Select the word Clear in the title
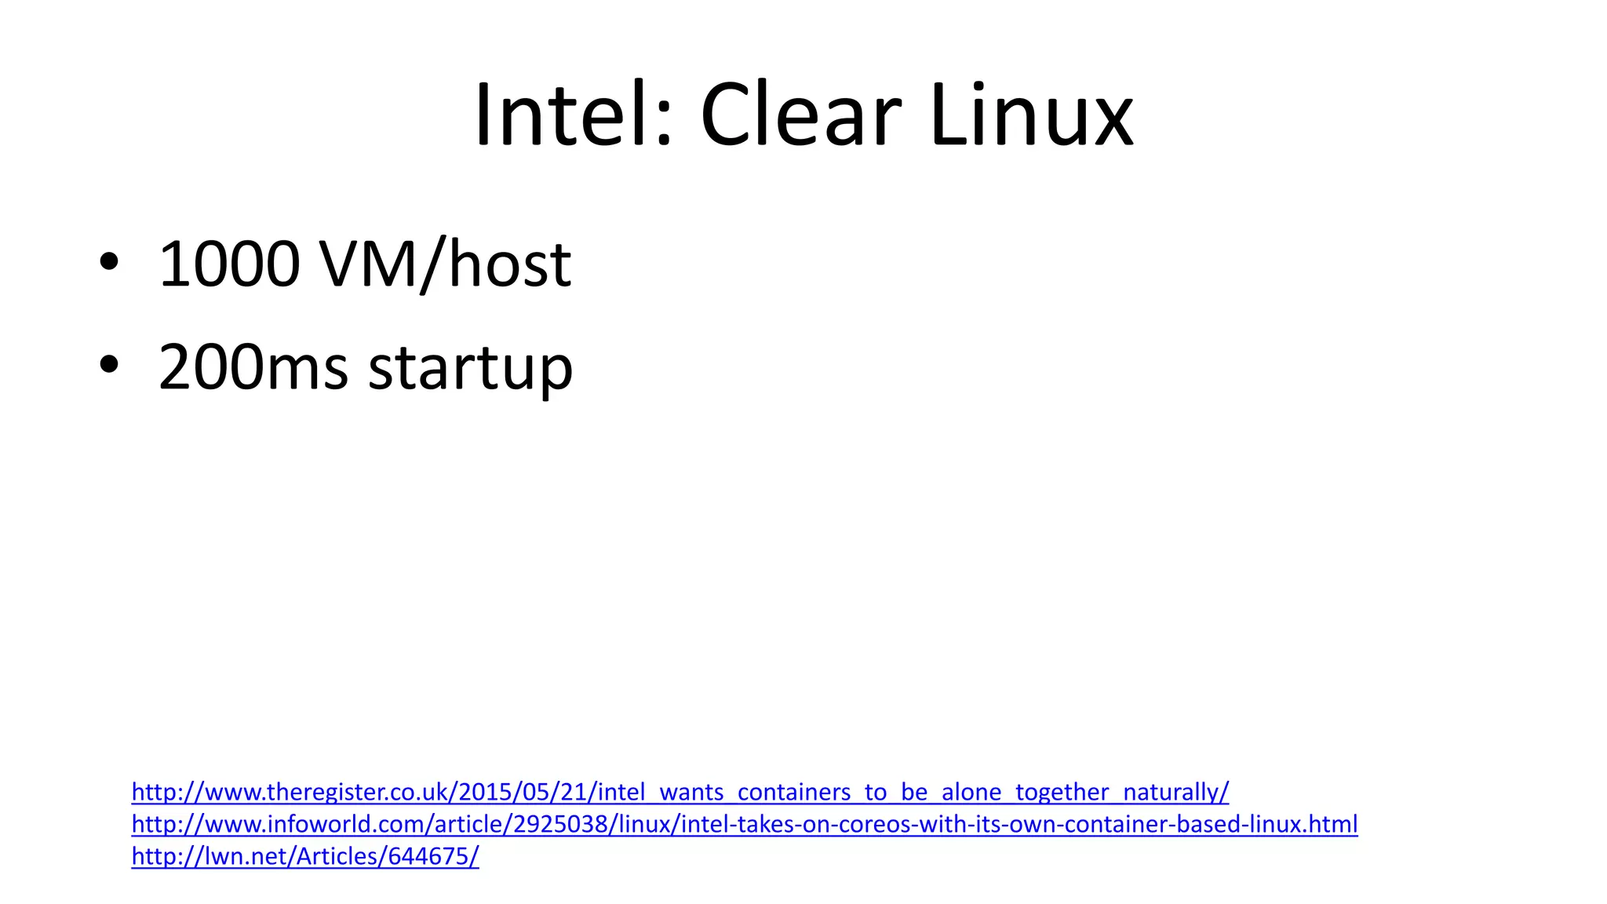(x=800, y=115)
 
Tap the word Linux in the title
(x=1031, y=115)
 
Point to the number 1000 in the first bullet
(x=229, y=264)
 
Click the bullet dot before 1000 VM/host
(x=109, y=262)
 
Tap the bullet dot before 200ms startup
(x=109, y=365)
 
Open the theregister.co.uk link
(x=680, y=792)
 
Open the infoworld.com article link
(x=744, y=824)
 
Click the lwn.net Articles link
(x=304, y=856)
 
